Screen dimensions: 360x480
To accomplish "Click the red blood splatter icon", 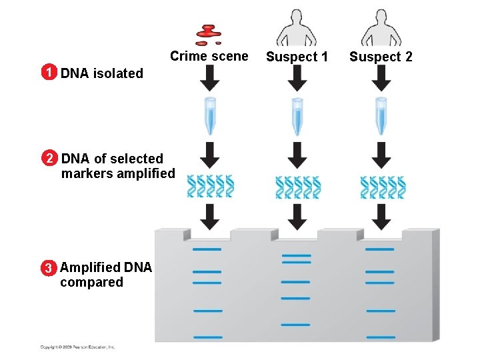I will coord(209,33).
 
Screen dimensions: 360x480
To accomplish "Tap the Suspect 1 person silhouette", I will coord(297,28).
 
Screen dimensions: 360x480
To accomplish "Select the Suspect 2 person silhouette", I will coord(381,28).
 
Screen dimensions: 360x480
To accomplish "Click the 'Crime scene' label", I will coord(209,56).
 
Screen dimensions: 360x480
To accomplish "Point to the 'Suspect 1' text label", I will coord(297,57).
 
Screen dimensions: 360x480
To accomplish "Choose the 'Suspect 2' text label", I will coord(381,57).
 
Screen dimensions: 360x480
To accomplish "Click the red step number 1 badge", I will coord(47,73).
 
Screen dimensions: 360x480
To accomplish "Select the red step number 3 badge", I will coord(47,269).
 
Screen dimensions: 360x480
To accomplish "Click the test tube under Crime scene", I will coord(210,116).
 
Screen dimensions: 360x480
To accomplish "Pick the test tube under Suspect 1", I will coord(297,116).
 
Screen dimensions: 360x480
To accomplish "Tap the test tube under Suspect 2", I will coord(381,116).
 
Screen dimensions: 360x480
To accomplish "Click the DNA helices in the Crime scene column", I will coord(210,187).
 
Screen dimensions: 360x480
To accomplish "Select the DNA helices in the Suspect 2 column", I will coord(382,187).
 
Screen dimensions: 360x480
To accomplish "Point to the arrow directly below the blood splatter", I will coord(210,79).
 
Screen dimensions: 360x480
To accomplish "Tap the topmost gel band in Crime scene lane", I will coord(207,249).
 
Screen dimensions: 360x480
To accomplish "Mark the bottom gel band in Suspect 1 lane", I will coord(295,325).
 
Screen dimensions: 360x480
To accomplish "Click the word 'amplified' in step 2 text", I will coord(145,174).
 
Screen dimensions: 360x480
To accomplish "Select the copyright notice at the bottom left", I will coord(77,347).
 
